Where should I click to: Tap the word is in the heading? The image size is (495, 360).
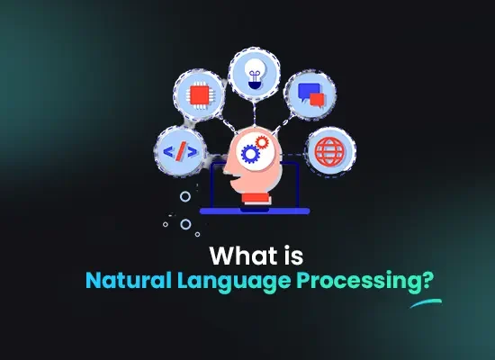[293, 256]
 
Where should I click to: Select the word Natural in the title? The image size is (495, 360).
[129, 280]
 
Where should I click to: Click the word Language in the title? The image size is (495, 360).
[234, 281]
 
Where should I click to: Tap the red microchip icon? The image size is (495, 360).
[199, 94]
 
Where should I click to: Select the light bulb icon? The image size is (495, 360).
[255, 74]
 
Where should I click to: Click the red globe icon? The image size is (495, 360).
[330, 151]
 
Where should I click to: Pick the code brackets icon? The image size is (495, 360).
[180, 151]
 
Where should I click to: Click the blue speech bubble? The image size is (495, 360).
[308, 92]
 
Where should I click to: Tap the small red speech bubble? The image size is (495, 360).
[317, 100]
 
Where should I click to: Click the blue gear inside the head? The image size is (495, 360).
[251, 154]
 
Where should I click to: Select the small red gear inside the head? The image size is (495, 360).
[262, 142]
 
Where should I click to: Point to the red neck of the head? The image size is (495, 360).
[256, 198]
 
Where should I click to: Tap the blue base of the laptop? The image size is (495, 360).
[255, 211]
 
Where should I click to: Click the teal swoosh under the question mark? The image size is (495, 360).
[427, 302]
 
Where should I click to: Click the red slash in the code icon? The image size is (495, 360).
[180, 151]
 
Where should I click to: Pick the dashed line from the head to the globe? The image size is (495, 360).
[293, 155]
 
